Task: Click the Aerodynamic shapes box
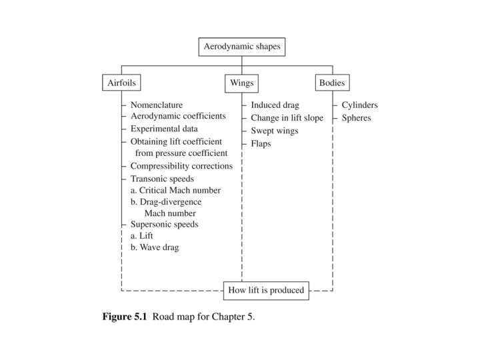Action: pos(242,47)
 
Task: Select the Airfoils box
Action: pos(121,83)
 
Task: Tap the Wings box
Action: pos(242,83)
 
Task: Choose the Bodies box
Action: pos(332,83)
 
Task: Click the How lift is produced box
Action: pos(266,290)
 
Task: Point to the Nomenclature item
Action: pos(157,105)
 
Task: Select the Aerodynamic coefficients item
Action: pos(178,116)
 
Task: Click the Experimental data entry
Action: pos(163,129)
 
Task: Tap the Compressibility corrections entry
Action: pos(181,166)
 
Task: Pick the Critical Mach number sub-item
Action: pos(175,191)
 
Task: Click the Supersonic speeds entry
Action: pos(165,224)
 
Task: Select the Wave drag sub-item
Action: pos(155,247)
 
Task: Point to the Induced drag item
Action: pos(275,105)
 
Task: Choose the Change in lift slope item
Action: pos(287,118)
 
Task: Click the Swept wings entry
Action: pos(275,131)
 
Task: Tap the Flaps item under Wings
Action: pos(261,143)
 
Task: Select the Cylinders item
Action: pos(359,105)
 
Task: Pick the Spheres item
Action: pos(357,118)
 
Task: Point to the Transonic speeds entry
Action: pos(162,179)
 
